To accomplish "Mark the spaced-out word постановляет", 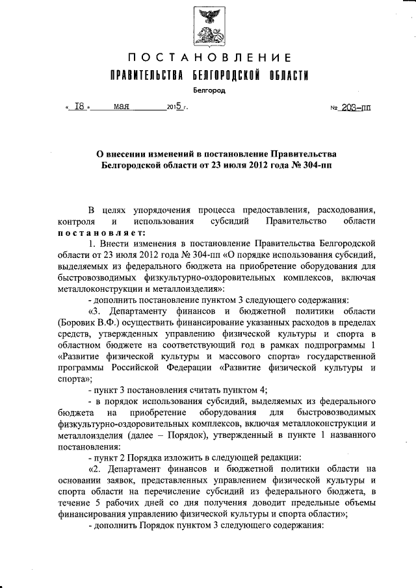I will coord(97,231).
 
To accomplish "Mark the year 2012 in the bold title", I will coord(257,165).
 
